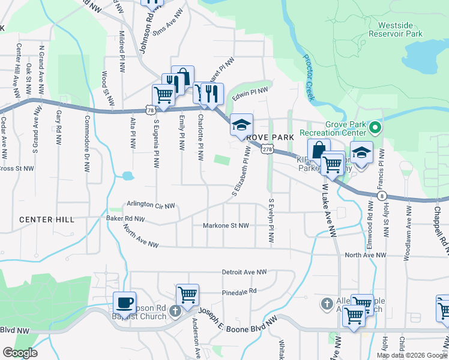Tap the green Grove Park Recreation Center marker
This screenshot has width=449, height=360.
click(x=375, y=127)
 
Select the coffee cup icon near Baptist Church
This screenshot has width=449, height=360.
click(x=125, y=302)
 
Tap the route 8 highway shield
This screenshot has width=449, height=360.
click(x=382, y=196)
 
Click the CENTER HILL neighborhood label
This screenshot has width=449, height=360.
click(x=47, y=220)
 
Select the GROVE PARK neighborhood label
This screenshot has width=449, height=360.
click(x=270, y=137)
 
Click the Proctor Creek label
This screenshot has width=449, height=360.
click(x=312, y=69)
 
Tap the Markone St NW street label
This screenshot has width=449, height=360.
click(x=228, y=226)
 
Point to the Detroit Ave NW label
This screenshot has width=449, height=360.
click(x=244, y=272)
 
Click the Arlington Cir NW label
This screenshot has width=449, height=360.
click(x=151, y=205)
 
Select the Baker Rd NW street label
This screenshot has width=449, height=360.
click(x=125, y=219)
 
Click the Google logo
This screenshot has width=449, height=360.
click(x=20, y=353)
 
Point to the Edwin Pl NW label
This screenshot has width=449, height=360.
click(x=250, y=92)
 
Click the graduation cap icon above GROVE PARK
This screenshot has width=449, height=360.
click(x=242, y=125)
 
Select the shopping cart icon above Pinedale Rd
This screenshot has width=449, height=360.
click(x=187, y=295)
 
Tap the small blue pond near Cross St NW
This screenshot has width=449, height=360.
click(x=127, y=176)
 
